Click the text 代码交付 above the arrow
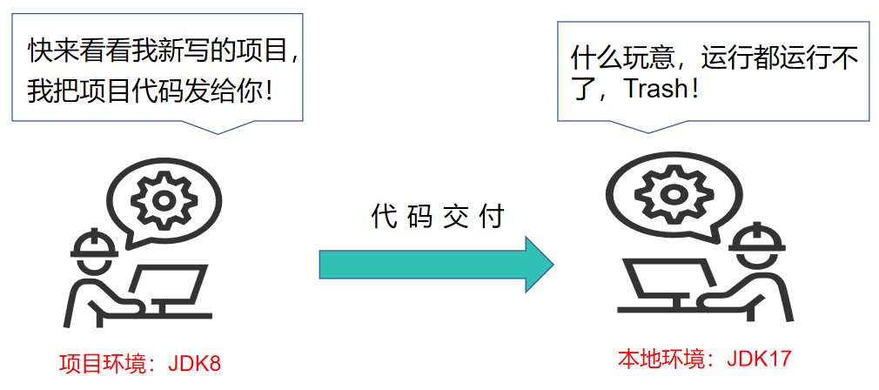point(438,215)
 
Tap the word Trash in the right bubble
point(655,91)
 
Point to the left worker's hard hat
point(94,244)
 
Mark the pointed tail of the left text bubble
point(215,129)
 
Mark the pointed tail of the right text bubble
point(648,128)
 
